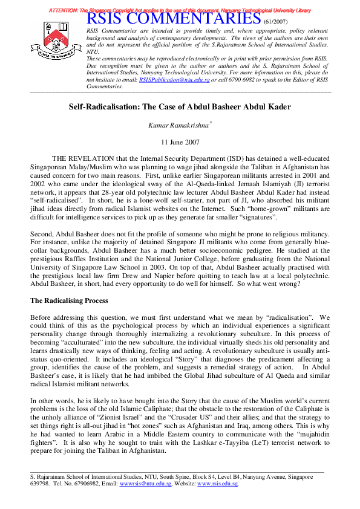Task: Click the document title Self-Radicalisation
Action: point(180,107)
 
